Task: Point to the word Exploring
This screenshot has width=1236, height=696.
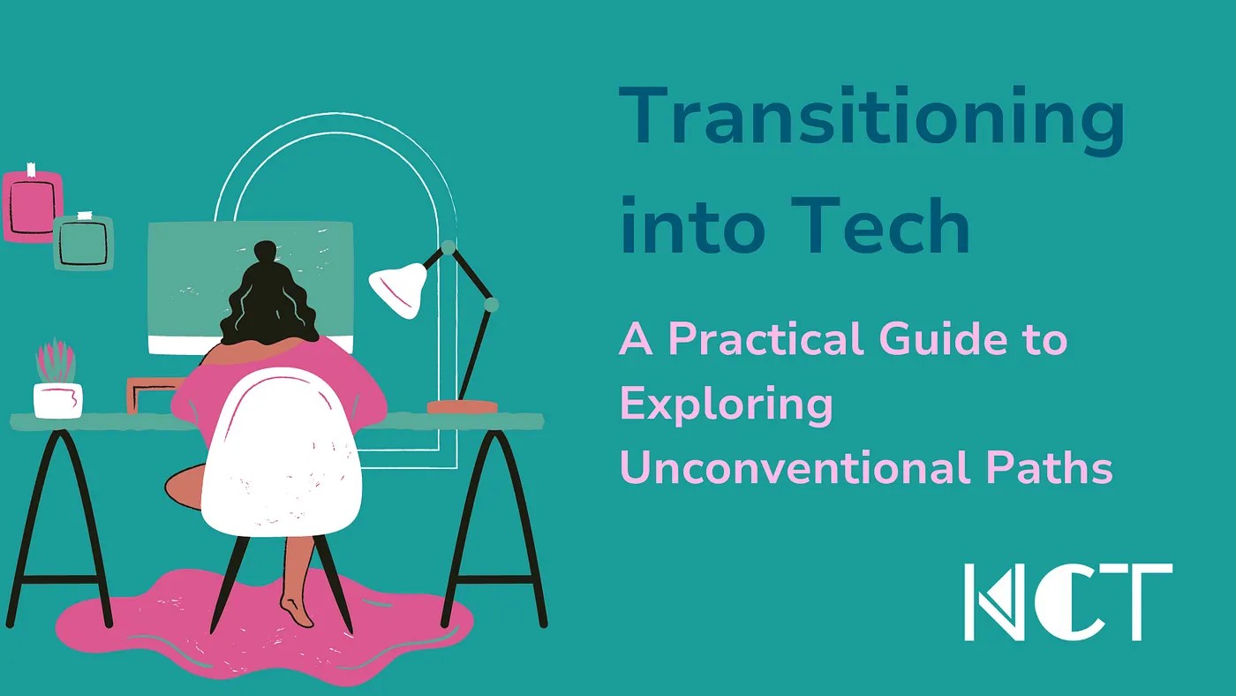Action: [x=726, y=405]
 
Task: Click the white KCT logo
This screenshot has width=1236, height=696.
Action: [x=1067, y=601]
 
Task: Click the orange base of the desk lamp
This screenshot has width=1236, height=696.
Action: [x=462, y=406]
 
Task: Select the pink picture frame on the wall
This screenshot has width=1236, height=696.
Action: [x=33, y=205]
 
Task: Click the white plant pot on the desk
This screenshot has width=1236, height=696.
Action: [x=58, y=399]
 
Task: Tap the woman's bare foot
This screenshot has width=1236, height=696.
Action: [x=297, y=610]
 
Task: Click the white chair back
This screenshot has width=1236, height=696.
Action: [x=281, y=450]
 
